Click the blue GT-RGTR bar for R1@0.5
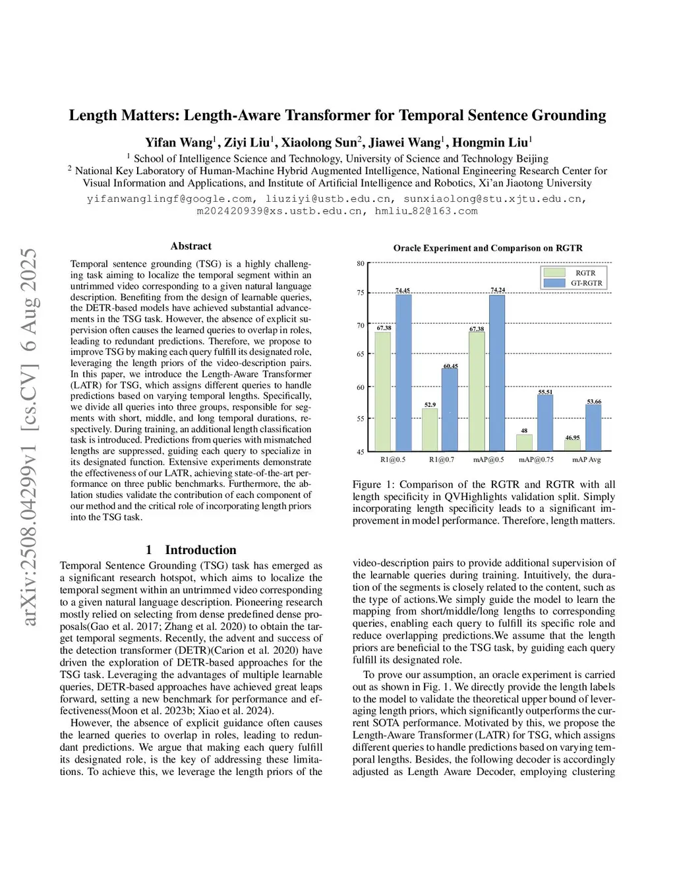coord(403,373)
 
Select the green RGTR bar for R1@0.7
coord(430,429)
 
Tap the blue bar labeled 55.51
coord(545,423)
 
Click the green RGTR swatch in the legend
coord(554,272)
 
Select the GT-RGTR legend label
coord(586,283)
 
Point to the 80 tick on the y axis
coord(361,263)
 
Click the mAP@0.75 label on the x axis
coord(536,460)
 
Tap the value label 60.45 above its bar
coord(450,366)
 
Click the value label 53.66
coord(594,402)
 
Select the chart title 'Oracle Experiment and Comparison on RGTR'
coord(488,248)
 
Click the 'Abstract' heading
coord(191,246)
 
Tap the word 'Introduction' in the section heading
coord(200,550)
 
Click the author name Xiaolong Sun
coord(319,142)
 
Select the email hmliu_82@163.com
coord(426,211)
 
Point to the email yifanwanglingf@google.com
coord(169,199)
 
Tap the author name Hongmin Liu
coord(490,142)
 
